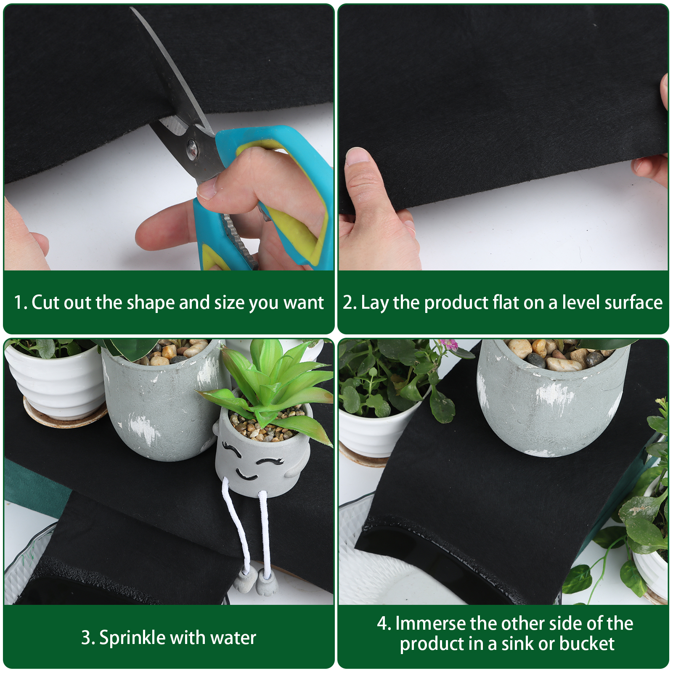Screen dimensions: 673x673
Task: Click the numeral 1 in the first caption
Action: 18,302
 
